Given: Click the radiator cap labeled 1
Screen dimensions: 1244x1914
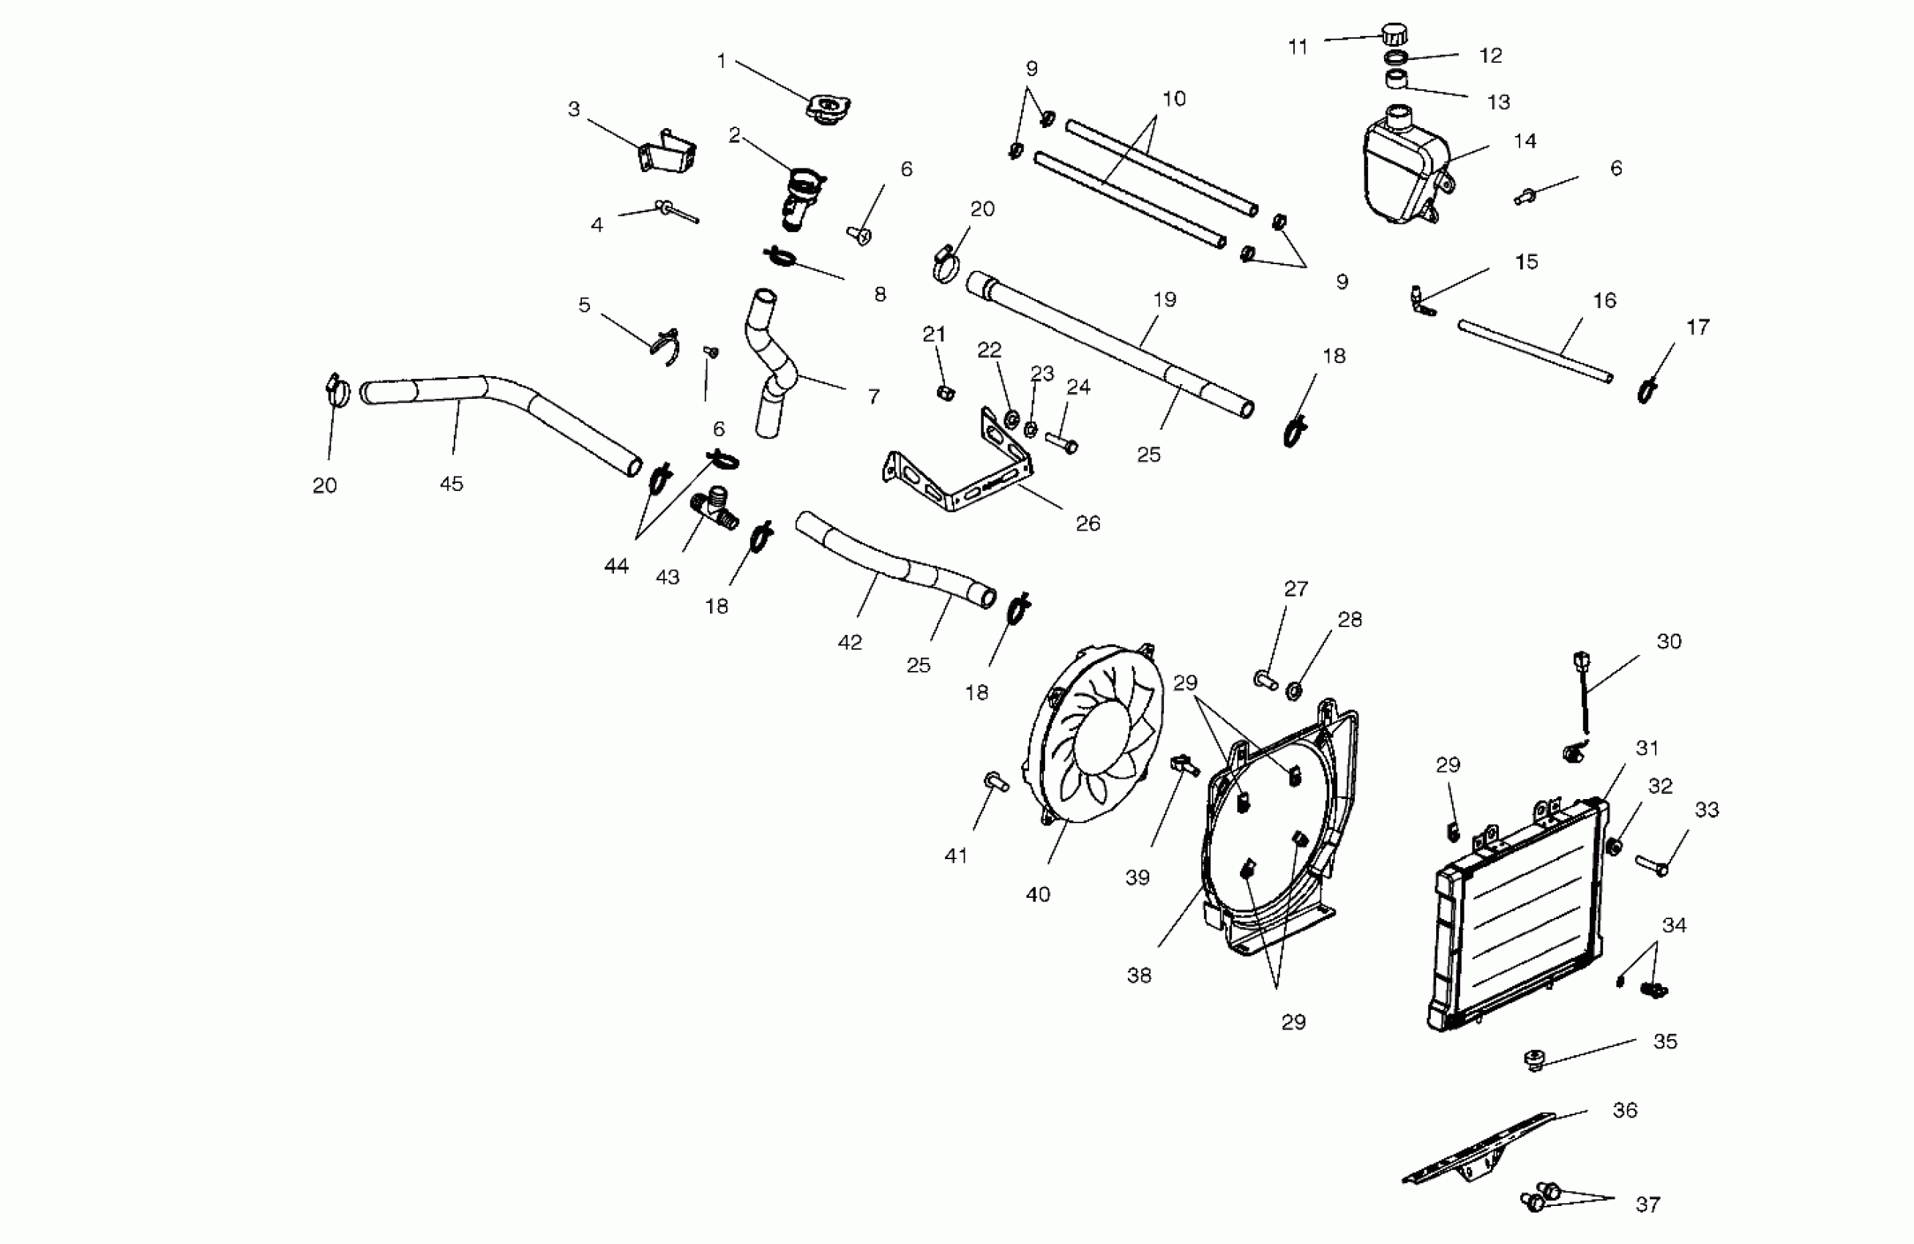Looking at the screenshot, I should tap(828, 108).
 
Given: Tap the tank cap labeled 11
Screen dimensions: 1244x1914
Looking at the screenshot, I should tap(1394, 34).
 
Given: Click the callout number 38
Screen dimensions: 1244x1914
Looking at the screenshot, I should tap(1139, 975).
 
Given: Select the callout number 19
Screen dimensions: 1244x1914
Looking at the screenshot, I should tap(1165, 300).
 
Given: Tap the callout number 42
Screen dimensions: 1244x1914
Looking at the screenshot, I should tap(850, 642).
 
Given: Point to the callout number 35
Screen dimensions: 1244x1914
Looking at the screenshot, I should tap(1664, 1041).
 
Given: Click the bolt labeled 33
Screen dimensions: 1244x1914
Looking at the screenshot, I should tap(1652, 866).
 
